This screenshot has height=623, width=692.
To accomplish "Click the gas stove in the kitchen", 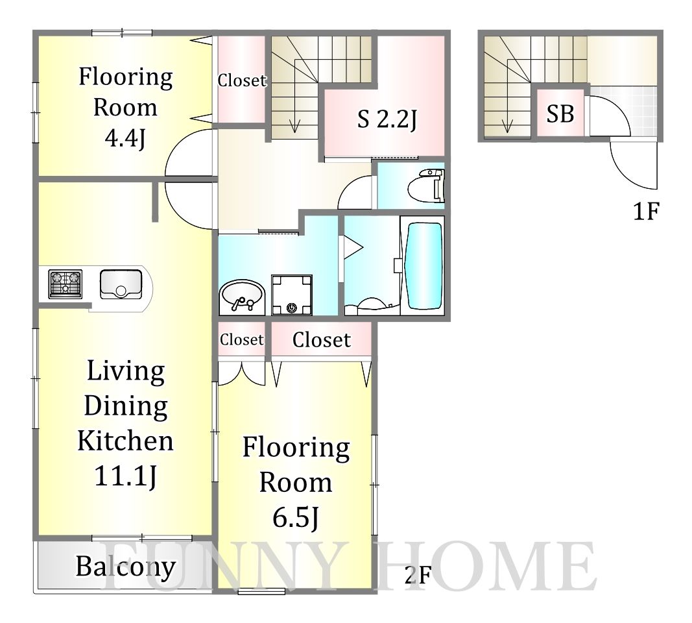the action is pos(66,284).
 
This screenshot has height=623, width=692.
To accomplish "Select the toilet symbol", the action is pos(426,185).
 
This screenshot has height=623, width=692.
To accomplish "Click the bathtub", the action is pos(425,266).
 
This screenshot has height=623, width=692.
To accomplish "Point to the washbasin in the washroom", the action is pos(241,297).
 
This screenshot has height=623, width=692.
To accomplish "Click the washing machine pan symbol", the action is pos(292,295).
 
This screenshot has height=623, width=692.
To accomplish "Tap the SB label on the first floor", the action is pos(560,114).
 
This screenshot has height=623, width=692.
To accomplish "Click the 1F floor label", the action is pos(646,211).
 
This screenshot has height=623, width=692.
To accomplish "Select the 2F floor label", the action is pos(418,574).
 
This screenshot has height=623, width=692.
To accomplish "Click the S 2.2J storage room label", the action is pos(387,119).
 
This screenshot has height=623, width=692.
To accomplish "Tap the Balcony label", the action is pos(126,567).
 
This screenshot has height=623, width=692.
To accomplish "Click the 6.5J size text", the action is pos(296,517).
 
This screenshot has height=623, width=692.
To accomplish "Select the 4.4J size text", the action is pos(125,138).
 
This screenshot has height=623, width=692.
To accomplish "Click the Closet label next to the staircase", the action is pos(242,80).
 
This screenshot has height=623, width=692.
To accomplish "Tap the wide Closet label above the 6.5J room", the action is pos(321,339).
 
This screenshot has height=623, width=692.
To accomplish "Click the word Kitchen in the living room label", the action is pos(126,440).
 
